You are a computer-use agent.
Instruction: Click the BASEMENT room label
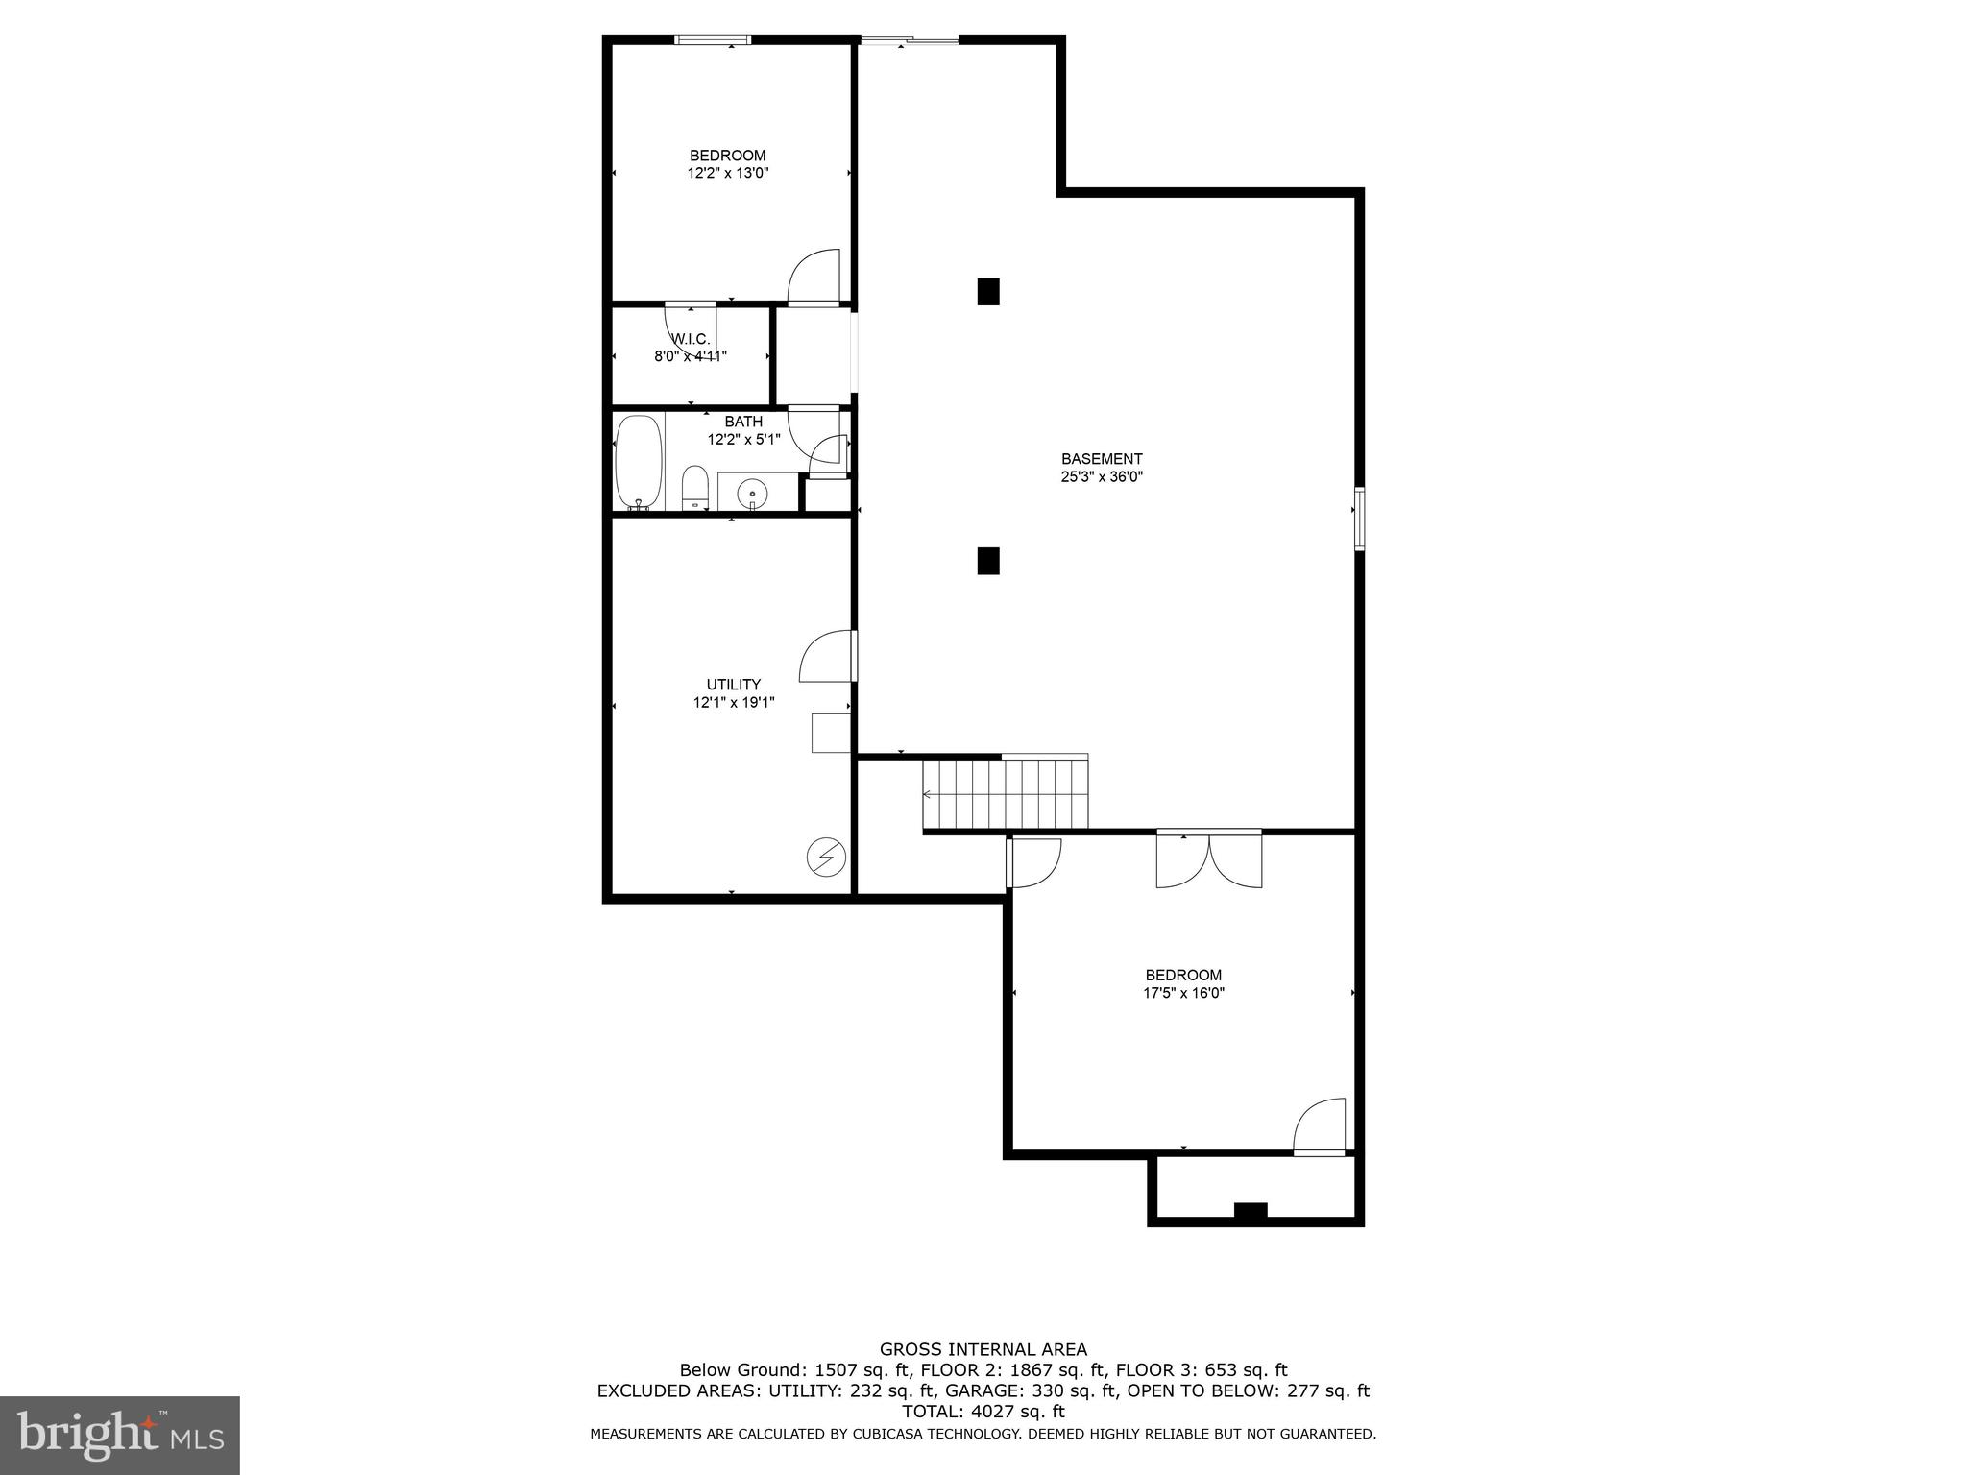[x=1101, y=459]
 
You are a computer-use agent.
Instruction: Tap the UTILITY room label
[x=734, y=685]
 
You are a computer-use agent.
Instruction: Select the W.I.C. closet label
[x=691, y=339]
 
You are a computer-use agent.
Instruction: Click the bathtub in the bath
[x=639, y=462]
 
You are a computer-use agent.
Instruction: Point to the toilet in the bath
[x=694, y=488]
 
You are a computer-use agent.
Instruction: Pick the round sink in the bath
[x=752, y=495]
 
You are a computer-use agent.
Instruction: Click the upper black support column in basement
[x=987, y=291]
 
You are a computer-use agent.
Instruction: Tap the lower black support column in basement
[x=987, y=561]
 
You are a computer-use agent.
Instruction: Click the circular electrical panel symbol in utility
[x=826, y=857]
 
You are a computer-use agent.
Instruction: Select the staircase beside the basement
[x=1006, y=794]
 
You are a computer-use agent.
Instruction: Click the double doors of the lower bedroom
[x=1208, y=859]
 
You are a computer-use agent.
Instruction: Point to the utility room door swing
[x=827, y=657]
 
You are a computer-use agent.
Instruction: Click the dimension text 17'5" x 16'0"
[x=1183, y=993]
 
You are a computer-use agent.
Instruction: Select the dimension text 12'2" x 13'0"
[x=727, y=174]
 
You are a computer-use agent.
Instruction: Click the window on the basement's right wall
[x=1360, y=519]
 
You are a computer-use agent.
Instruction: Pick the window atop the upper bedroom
[x=713, y=39]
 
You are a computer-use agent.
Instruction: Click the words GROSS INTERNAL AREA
[x=983, y=1349]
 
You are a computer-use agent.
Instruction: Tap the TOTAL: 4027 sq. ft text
[x=983, y=1412]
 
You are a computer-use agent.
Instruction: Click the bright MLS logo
[x=120, y=1435]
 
